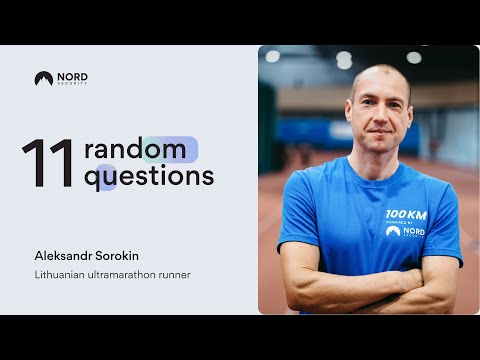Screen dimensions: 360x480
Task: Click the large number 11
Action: tap(48, 164)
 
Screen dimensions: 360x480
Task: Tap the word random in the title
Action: tap(135, 150)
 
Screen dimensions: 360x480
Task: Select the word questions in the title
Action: tap(149, 177)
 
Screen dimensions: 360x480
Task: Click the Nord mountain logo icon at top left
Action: tap(43, 78)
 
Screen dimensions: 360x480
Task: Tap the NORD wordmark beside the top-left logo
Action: tap(71, 76)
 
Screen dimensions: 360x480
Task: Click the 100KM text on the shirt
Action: tap(406, 214)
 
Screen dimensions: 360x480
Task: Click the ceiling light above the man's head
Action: tap(344, 58)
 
